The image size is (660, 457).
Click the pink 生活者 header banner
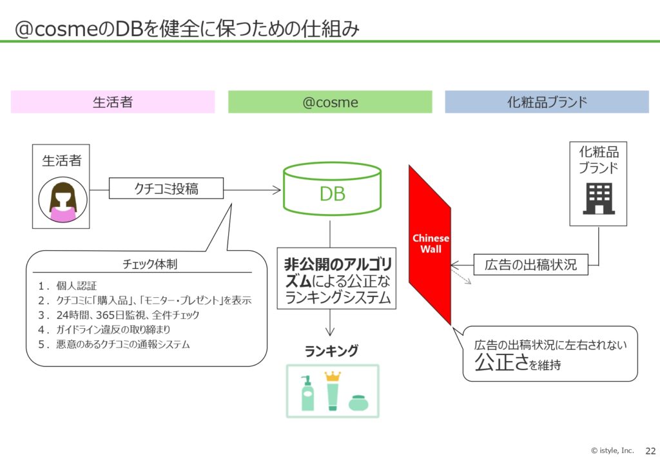click(113, 102)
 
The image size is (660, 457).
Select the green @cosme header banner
click(330, 102)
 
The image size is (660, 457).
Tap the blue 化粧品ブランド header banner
click(547, 102)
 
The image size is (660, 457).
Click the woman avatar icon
click(63, 199)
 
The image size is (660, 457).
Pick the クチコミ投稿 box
click(166, 188)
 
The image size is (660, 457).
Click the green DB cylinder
click(332, 188)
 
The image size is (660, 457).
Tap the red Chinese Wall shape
click(430, 245)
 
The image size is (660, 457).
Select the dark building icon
click(599, 199)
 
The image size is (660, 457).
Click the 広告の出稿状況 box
click(531, 265)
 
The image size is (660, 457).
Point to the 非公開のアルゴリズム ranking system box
click(336, 278)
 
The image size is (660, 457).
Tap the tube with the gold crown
click(333, 391)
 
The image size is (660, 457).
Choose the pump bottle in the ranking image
click(307, 393)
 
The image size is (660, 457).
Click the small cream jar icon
click(358, 403)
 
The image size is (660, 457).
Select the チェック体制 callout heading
click(150, 264)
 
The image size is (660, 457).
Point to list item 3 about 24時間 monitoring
click(119, 315)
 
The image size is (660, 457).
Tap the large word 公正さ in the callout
click(501, 362)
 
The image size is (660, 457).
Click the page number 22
click(650, 451)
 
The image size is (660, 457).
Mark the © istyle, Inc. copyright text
click(612, 451)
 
